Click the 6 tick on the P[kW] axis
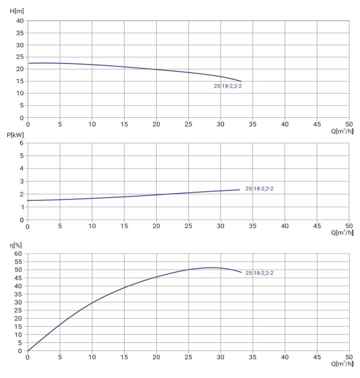[x=22, y=143]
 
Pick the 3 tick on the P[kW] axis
[x=22, y=181]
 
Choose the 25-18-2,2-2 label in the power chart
[x=259, y=188]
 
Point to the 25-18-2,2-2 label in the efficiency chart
[x=259, y=273]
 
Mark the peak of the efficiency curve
[x=211, y=267]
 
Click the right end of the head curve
[x=241, y=81]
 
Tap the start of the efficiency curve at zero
[x=28, y=351]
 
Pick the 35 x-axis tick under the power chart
[x=253, y=226]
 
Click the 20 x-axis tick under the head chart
[x=156, y=124]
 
